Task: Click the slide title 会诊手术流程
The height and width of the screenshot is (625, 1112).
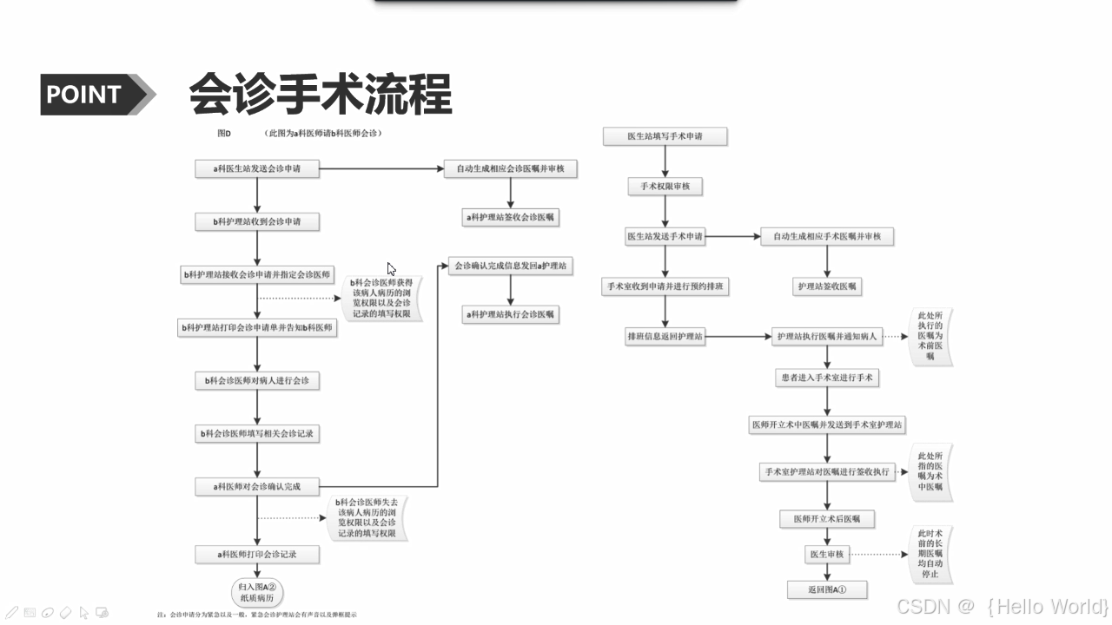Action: [x=321, y=94]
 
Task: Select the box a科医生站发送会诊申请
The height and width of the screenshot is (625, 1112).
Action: [x=257, y=169]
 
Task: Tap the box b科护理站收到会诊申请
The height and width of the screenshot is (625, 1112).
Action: [x=257, y=222]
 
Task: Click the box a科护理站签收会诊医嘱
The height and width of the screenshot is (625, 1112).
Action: [x=510, y=216]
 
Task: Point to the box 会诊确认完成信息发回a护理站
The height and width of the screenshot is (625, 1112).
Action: [x=510, y=266]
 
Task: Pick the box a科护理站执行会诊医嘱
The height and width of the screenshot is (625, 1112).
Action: [x=510, y=313]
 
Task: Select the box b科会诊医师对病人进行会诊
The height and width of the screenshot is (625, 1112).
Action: [x=257, y=380]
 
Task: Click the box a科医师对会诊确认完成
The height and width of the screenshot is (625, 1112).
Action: [x=257, y=487]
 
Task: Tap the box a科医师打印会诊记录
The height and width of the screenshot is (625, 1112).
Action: [x=257, y=553]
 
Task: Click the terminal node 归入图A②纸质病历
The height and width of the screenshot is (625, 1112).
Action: [x=257, y=593]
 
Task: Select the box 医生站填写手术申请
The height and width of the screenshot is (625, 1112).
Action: [x=665, y=136]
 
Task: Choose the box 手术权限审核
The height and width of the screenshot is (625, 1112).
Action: [x=665, y=187]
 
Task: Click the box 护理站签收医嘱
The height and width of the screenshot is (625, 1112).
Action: [x=826, y=286]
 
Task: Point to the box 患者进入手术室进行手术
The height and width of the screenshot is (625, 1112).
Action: [x=826, y=378]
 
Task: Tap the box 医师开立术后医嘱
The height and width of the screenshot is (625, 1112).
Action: [x=826, y=519]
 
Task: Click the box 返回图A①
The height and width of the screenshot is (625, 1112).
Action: [x=826, y=590]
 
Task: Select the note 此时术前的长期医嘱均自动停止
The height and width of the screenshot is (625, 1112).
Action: [x=929, y=554]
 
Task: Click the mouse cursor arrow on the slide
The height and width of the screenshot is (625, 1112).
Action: [x=391, y=269]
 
